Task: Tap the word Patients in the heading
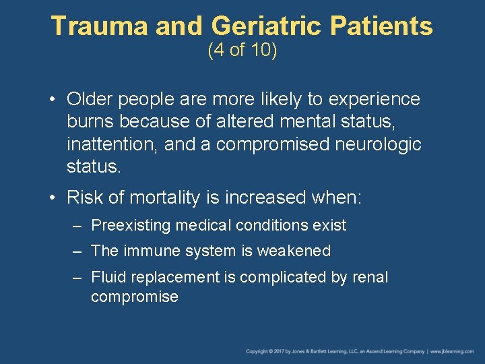[392, 26]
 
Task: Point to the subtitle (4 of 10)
[243, 51]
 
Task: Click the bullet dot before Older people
[53, 100]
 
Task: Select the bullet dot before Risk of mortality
[53, 198]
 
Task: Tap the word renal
[370, 277]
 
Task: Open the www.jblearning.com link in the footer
[454, 351]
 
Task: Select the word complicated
[282, 277]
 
